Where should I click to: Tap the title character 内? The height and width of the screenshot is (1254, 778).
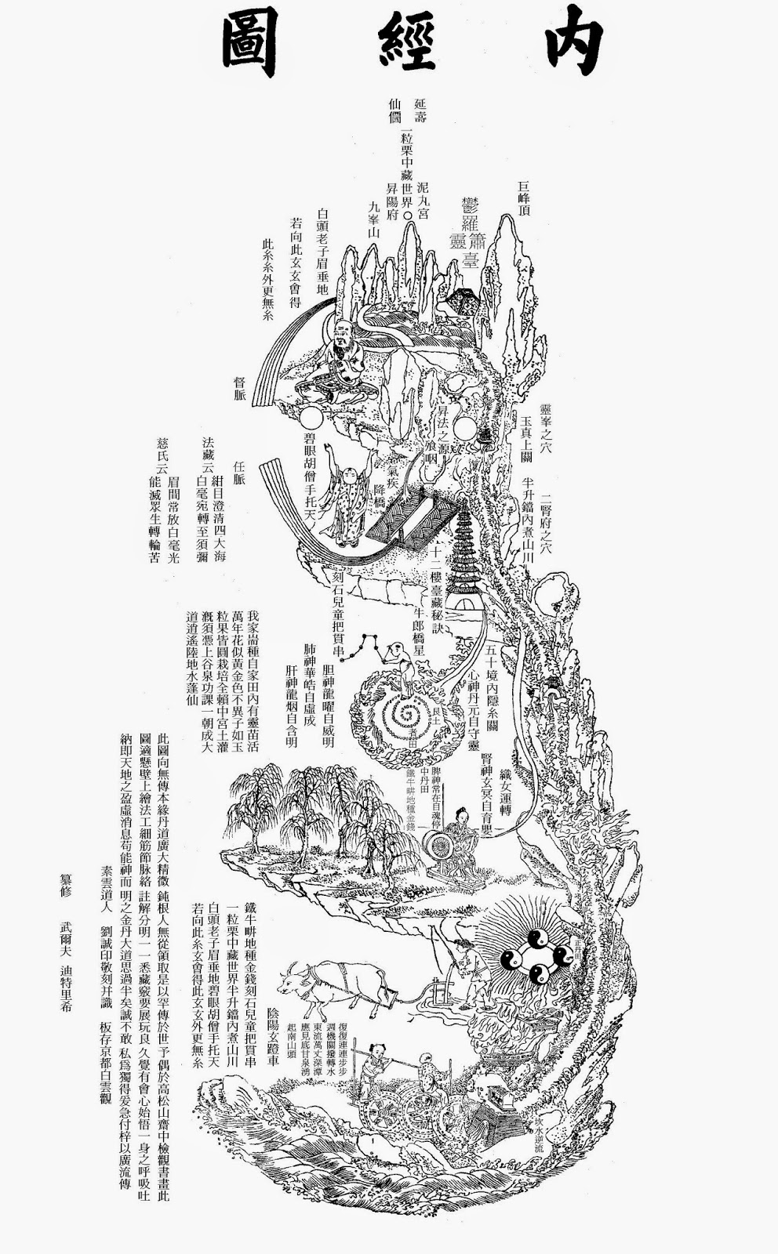tap(566, 45)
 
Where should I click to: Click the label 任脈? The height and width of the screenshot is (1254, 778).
tap(240, 470)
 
